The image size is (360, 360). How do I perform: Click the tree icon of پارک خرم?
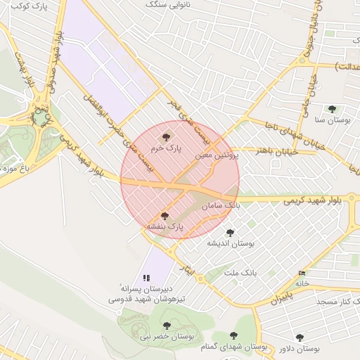tap(166, 137)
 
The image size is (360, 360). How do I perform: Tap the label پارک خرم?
tap(166, 149)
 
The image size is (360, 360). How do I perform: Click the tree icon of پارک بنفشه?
tap(165, 216)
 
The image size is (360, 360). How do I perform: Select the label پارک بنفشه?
tap(165, 228)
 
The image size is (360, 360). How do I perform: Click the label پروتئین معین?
tap(217, 155)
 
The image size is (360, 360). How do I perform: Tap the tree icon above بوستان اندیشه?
tap(230, 233)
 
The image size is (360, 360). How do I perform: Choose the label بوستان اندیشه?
tap(230, 243)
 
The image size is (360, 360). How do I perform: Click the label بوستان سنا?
tap(334, 121)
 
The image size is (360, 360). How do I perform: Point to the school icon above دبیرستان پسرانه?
tap(147, 278)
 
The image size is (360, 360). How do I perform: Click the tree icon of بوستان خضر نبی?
tap(167, 325)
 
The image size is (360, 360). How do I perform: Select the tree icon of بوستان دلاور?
tap(300, 337)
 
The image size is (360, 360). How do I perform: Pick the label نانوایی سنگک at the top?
tap(169, 4)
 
